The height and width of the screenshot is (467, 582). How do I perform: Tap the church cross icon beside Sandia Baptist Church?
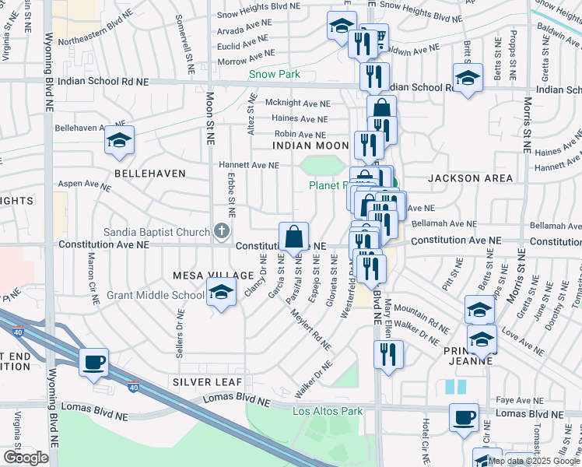coord(222,231)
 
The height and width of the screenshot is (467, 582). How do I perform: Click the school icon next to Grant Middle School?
coord(220,293)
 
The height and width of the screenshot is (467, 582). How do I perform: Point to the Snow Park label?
coord(275,75)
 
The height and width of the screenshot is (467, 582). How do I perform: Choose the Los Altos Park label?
coord(328,411)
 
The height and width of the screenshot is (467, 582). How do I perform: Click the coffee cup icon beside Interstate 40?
coord(94,362)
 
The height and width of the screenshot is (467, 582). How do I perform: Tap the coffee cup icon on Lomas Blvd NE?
coord(465,417)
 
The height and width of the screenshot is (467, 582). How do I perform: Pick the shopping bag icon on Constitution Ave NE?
coord(294,236)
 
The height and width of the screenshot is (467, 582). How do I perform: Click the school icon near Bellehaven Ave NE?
coord(119,140)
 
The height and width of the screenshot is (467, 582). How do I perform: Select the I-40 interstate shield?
coord(134,387)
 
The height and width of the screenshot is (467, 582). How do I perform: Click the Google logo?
coord(26,458)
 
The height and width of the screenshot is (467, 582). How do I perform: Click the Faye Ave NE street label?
coord(519,399)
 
